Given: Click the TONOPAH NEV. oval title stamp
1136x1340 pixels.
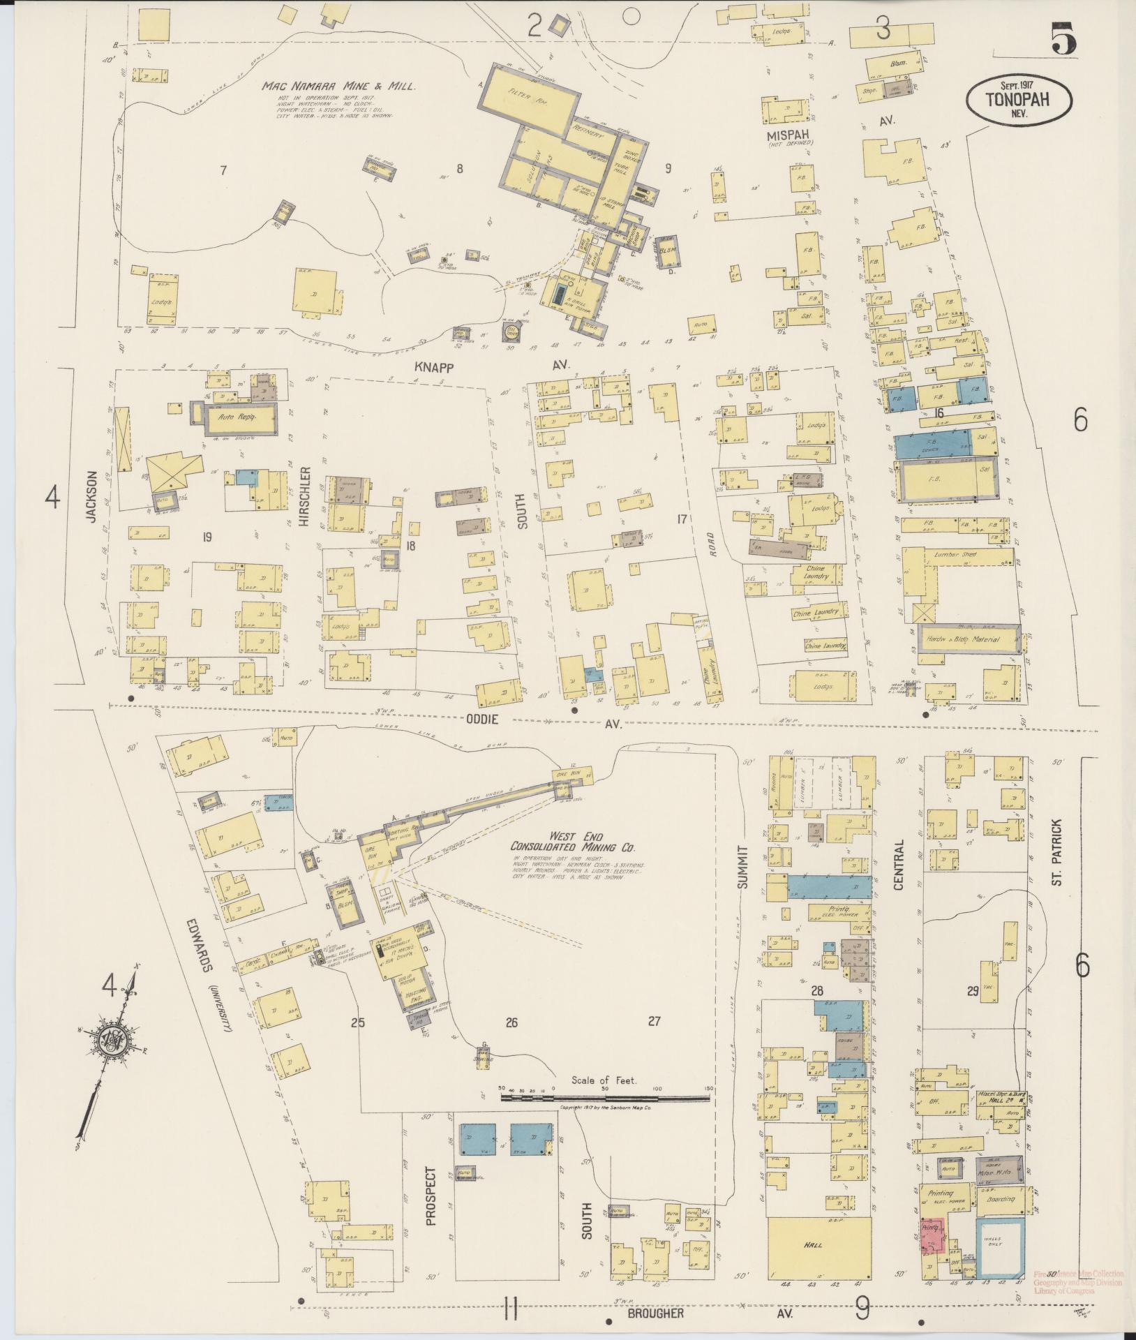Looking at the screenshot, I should pos(1018,100).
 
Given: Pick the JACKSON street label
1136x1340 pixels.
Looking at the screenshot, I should pos(90,496).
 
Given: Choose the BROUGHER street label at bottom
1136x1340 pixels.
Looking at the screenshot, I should pos(655,1313).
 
